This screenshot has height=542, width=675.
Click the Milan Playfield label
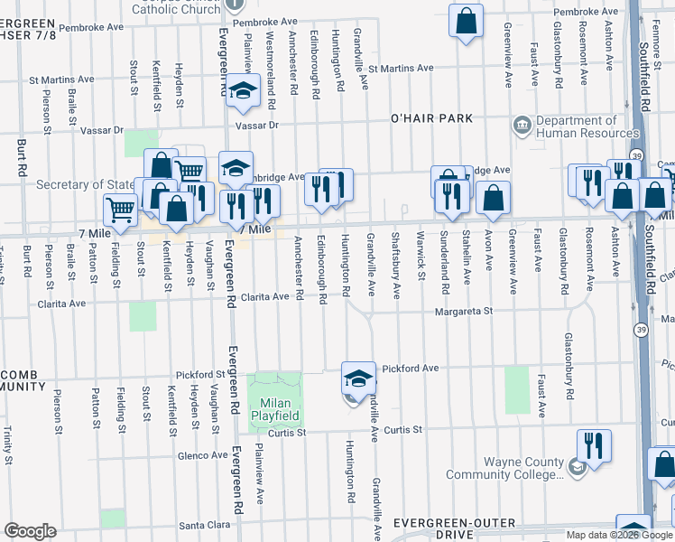[275, 409]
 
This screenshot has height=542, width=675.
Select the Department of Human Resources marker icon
[522, 124]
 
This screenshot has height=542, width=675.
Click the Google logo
[30, 531]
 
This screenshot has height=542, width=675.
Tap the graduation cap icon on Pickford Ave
[358, 378]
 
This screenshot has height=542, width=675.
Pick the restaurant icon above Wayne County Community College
[593, 444]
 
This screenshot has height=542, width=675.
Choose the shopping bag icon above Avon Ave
[493, 198]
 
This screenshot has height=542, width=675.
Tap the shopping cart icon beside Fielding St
[120, 209]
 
